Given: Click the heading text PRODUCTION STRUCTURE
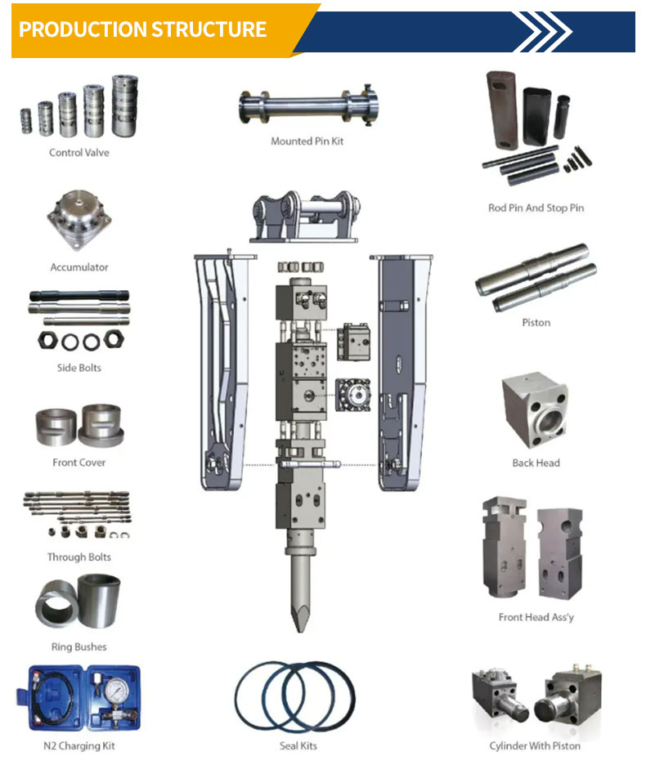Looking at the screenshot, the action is pos(142,29).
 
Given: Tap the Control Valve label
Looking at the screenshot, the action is pos(79,153).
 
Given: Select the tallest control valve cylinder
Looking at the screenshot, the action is pos(124,105).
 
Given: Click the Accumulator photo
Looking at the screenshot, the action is pos(79,220).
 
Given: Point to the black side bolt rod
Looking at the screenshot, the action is pos(79,296).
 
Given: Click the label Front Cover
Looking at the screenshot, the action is pos(79,463).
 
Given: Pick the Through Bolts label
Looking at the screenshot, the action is pos(79,557).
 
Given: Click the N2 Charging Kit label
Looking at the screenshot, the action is pos(79,746).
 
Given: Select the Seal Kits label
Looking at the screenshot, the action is pos(298,746).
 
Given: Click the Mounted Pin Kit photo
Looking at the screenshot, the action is pos(309,105).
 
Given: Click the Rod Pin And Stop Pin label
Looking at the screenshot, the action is pos(536,208).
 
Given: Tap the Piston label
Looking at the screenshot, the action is pos(536,323).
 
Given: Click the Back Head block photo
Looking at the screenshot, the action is pos(535,409).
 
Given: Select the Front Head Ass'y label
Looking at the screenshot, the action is pos(536,617).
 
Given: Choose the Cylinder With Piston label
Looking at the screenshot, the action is pos(535,746).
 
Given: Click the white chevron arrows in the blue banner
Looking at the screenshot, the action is pos(542,32).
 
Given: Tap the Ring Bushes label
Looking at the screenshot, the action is pos(79,647).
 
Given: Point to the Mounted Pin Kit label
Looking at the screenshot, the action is pos(307,141).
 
